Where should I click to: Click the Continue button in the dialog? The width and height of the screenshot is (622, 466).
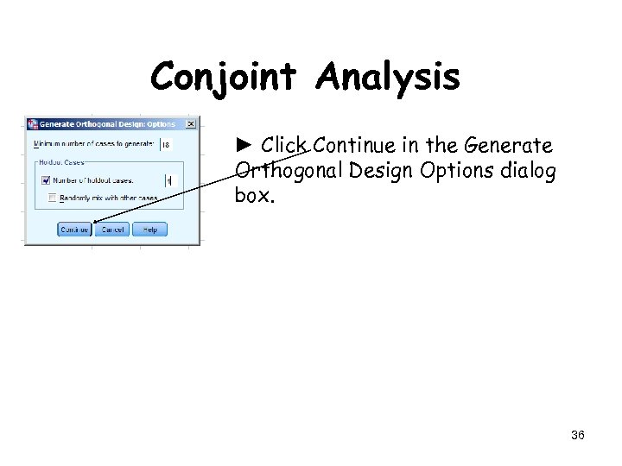(74, 230)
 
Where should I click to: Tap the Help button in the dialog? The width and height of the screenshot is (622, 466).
(149, 230)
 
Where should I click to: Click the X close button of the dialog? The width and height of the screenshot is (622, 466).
(191, 124)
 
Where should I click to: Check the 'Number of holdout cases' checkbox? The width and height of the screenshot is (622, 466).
(46, 180)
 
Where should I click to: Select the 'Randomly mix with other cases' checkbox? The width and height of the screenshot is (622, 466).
(53, 198)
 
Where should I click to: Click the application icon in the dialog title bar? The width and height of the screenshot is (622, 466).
(33, 124)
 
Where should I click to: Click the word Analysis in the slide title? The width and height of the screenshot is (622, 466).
(388, 78)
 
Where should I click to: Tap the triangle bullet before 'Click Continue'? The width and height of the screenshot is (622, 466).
(244, 145)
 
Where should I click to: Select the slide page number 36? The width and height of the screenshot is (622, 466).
(578, 435)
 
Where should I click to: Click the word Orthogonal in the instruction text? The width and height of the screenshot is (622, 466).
(289, 170)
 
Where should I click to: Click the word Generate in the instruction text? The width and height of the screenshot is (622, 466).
(510, 145)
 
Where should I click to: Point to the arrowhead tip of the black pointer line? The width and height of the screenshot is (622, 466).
(93, 223)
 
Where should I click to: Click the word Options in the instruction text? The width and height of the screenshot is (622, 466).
(453, 170)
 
